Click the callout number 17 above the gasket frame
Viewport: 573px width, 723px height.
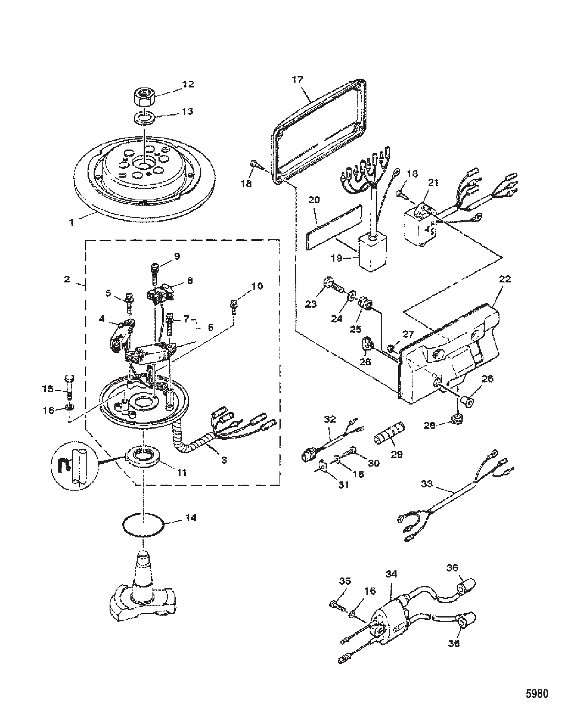[x=297, y=80]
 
